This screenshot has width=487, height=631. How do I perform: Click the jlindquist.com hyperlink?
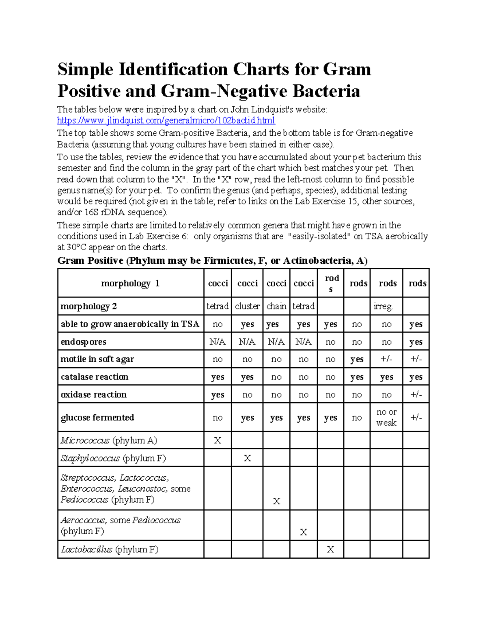[x=166, y=121]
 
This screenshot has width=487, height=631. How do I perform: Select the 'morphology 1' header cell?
[x=130, y=283]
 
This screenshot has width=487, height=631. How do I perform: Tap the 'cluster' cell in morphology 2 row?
[x=247, y=306]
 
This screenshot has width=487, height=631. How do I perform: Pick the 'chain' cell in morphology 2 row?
[x=276, y=306]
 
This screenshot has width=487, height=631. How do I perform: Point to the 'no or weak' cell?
[x=386, y=417]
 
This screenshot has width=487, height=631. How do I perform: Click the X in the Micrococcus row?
[x=218, y=440]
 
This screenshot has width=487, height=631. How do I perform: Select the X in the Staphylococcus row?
[x=247, y=458]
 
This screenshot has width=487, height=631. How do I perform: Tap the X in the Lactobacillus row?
[x=330, y=549]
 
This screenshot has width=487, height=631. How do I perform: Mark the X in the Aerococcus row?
[x=303, y=532]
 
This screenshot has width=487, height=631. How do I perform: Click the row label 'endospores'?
[x=83, y=342]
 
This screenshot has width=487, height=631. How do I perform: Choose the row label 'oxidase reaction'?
[x=93, y=395]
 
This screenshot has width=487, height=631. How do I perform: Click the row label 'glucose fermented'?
[x=97, y=418]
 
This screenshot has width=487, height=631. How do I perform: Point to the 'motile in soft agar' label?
[x=97, y=359]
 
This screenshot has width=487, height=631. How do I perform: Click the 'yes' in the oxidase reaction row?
[x=218, y=395]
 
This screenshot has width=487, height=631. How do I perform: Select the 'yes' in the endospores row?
[x=416, y=342]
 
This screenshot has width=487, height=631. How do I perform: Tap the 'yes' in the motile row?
[x=357, y=359]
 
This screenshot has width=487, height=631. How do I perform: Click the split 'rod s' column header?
[x=331, y=283]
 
